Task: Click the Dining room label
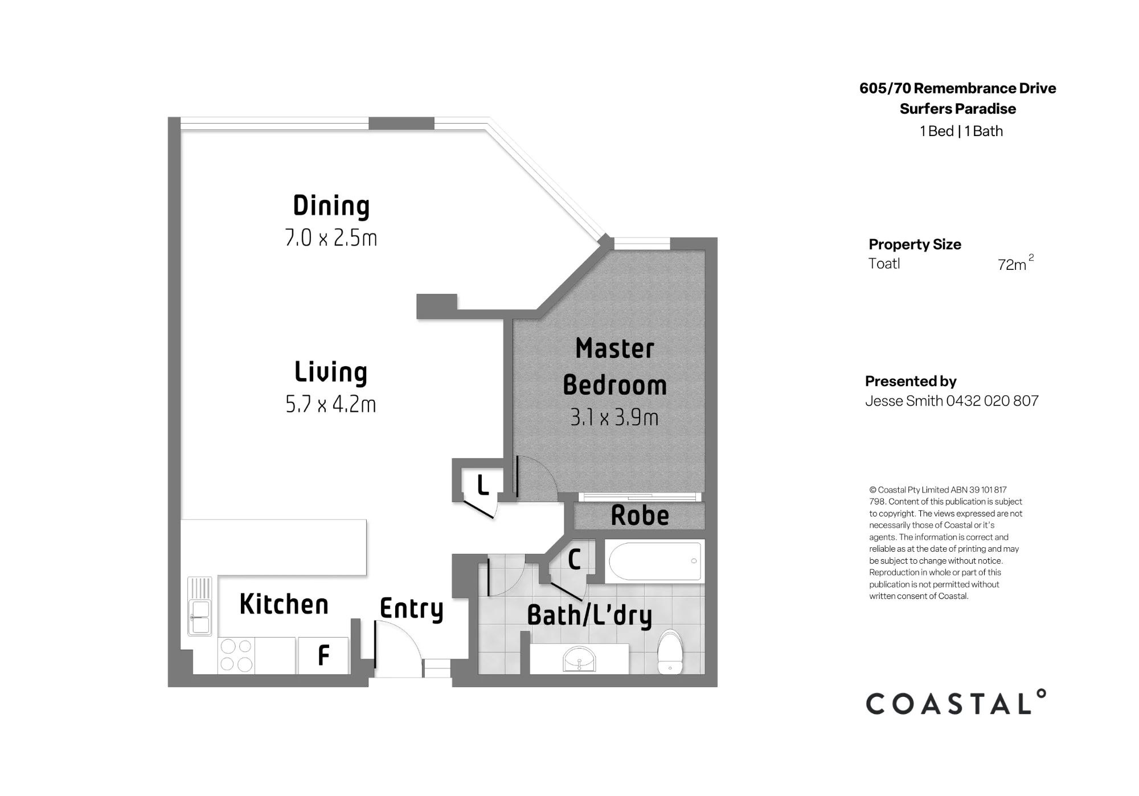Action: click(x=331, y=206)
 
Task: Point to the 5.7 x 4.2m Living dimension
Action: click(x=331, y=404)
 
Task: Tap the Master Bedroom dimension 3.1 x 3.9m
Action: click(x=614, y=418)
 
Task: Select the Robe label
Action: click(x=640, y=515)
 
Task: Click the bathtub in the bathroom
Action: click(x=654, y=561)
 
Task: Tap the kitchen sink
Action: click(x=200, y=606)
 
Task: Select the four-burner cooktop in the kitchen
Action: click(x=236, y=655)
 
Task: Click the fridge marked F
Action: click(x=323, y=655)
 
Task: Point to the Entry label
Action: click(x=411, y=609)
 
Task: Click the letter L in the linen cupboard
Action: click(x=483, y=486)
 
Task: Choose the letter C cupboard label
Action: click(x=574, y=560)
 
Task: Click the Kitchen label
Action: click(x=284, y=604)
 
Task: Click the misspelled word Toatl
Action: click(x=884, y=264)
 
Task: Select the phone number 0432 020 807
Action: click(x=992, y=401)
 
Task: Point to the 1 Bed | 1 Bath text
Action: click(x=961, y=131)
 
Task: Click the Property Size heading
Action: click(x=915, y=244)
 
